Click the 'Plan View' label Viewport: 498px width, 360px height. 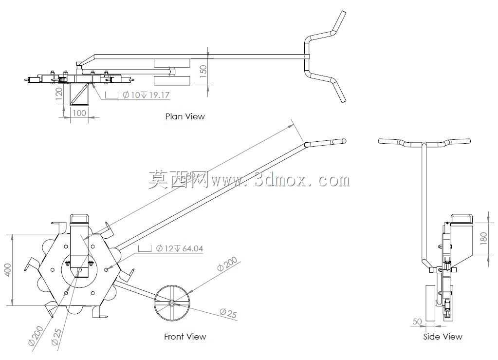point(185,116)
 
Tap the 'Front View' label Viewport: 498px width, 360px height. point(185,337)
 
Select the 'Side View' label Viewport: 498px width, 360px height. point(443,337)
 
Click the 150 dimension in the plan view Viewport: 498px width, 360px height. point(203,70)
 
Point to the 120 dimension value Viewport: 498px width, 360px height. point(59,94)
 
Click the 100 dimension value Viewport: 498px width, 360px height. point(79,113)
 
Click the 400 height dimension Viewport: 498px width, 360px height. point(8,270)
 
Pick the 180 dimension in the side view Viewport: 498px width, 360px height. point(483,238)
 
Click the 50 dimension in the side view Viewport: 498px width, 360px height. point(417,322)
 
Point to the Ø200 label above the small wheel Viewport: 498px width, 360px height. point(227,264)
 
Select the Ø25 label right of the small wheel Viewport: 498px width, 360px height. point(228,313)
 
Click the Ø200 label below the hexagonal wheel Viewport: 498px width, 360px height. point(35,336)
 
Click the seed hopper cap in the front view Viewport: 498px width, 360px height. point(79,219)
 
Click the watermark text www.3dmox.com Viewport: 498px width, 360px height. point(280,180)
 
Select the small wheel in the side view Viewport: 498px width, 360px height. point(430,303)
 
